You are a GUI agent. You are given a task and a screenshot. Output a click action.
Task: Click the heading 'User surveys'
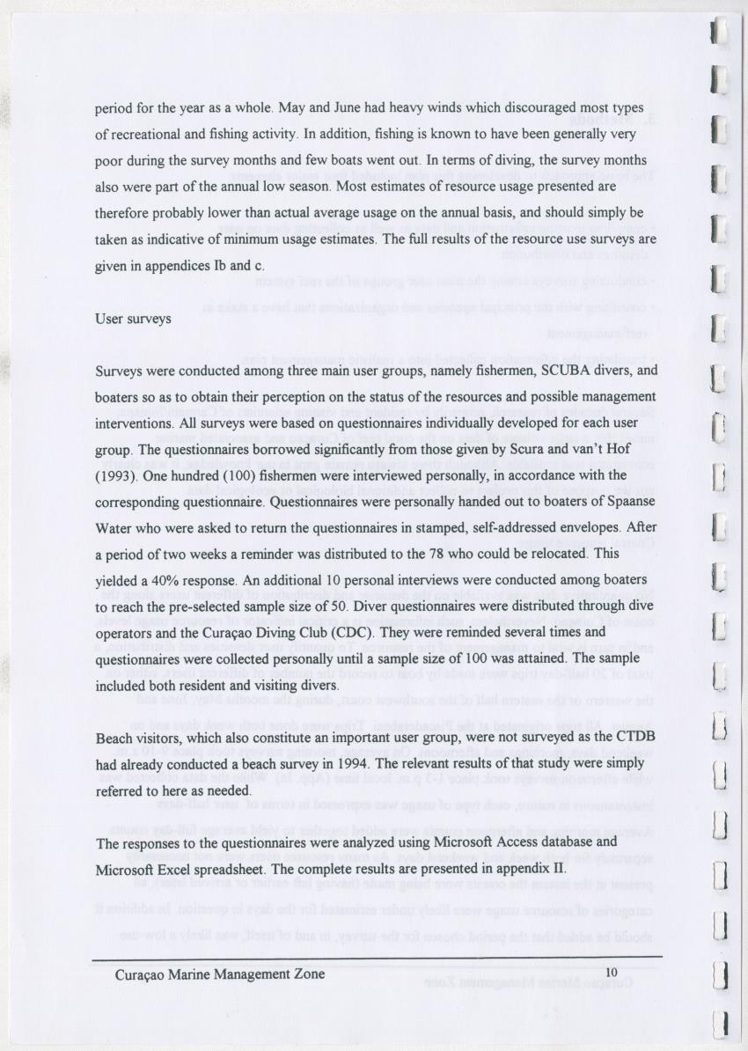tap(133, 319)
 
